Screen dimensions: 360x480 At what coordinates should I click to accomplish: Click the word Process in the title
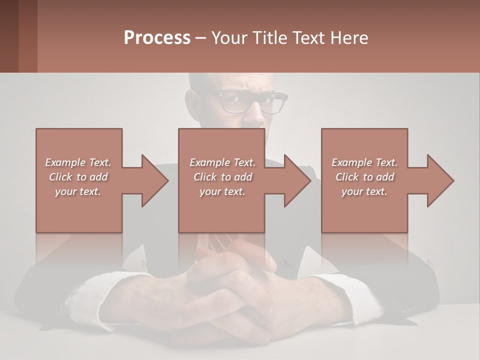(x=157, y=38)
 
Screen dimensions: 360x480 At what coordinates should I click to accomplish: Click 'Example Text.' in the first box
(x=78, y=162)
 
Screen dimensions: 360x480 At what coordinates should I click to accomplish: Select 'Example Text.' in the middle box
(x=222, y=162)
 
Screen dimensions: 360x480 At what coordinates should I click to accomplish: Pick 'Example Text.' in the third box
(x=364, y=162)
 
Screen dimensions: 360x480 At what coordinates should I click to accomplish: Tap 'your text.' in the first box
(x=78, y=191)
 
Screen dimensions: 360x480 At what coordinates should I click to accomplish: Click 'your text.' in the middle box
(x=222, y=191)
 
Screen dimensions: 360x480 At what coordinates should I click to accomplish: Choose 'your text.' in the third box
(x=364, y=191)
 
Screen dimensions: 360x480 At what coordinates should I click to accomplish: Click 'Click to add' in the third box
(x=364, y=177)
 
